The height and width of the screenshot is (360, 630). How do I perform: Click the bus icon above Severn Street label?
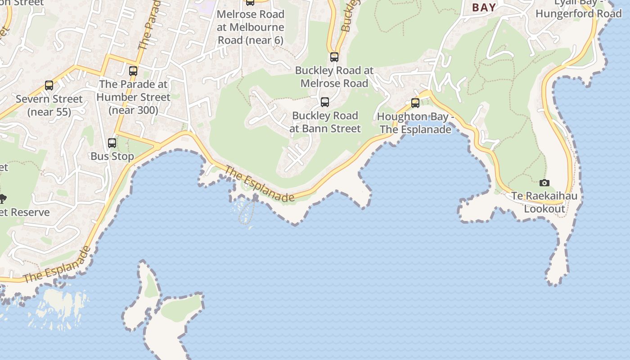[x=49, y=85]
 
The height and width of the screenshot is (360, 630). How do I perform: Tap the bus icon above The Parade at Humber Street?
[x=133, y=71]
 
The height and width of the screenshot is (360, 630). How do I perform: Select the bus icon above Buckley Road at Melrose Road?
[x=334, y=57]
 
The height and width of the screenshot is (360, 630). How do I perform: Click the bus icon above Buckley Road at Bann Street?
[x=324, y=102]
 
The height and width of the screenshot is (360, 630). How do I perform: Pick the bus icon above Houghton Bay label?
[x=415, y=103]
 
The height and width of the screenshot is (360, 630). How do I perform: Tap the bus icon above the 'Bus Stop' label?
[x=112, y=143]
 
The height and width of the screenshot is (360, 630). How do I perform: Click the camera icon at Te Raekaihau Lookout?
[x=544, y=183]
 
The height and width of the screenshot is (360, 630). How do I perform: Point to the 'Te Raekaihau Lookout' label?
[x=544, y=202]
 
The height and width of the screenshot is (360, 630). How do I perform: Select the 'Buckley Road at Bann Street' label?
[x=325, y=122]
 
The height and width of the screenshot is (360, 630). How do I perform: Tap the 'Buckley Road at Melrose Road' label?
[x=334, y=76]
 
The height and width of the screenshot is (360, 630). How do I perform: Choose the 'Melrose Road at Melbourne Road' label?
[x=251, y=27]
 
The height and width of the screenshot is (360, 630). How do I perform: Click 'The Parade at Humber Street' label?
[x=133, y=97]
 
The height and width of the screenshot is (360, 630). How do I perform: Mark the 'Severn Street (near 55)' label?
[x=49, y=105]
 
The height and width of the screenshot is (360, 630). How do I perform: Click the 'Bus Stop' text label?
[x=112, y=157]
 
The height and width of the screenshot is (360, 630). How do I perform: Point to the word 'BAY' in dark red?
[x=484, y=7]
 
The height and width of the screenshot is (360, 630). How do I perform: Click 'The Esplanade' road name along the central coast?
[x=260, y=184]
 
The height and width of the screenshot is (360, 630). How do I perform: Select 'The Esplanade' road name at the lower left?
[x=57, y=265]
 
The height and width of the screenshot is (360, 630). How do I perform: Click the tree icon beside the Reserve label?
[x=2, y=198]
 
